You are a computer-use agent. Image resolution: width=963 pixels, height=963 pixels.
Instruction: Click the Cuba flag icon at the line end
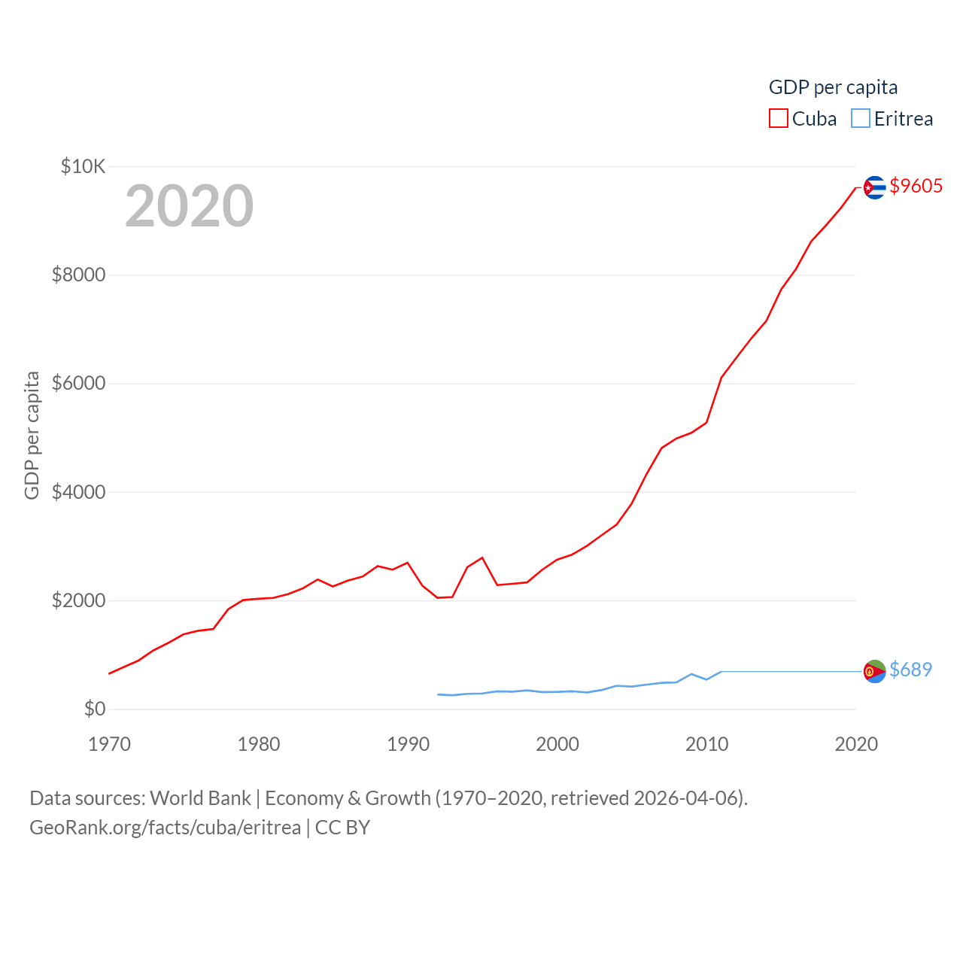point(874,187)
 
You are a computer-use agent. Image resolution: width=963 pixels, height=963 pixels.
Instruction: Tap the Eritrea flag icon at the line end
point(874,671)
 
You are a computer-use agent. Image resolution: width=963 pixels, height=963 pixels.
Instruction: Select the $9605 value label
point(916,186)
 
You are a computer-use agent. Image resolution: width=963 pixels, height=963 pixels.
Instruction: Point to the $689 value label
point(910,670)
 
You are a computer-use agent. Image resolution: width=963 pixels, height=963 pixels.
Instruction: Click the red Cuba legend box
point(778,119)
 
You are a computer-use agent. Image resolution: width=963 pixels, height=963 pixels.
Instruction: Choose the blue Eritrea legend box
point(861,119)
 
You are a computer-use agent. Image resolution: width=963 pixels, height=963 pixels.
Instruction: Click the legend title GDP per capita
point(833,87)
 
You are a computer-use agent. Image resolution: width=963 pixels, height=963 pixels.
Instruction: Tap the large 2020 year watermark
point(189,205)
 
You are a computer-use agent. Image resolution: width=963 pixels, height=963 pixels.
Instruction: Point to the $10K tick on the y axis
point(83,166)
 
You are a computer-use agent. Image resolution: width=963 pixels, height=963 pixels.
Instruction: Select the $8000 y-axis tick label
point(78,275)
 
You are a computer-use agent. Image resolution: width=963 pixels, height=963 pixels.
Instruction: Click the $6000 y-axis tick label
point(78,384)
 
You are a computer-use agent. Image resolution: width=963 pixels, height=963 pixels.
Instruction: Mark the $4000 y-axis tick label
point(78,492)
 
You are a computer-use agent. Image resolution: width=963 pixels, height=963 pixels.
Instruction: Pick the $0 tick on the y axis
point(94,709)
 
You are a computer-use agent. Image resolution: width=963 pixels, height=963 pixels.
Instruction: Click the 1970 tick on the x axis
point(109,744)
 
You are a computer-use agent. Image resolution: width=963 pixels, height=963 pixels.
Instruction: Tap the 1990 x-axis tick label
point(408,744)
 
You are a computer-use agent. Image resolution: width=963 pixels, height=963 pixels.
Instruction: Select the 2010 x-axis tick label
point(706,744)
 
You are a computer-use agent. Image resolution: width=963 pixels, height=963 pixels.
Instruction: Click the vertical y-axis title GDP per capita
point(32,435)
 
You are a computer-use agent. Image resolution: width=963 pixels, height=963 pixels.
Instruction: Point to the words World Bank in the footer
point(200,798)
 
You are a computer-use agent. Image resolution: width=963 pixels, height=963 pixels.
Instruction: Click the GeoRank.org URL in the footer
point(165,828)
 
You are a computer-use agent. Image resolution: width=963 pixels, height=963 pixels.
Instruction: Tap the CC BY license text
point(342,828)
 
